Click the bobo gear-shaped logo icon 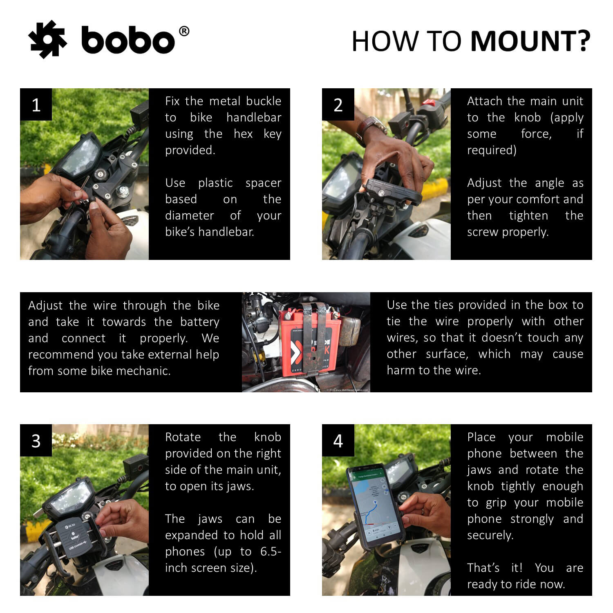click(x=47, y=40)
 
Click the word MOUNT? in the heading click(x=530, y=41)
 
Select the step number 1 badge click(x=36, y=105)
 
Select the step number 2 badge click(x=338, y=105)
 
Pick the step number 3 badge click(x=36, y=441)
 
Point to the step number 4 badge click(x=338, y=441)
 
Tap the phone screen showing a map click(x=370, y=503)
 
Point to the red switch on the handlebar click(x=428, y=102)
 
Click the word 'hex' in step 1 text click(x=243, y=134)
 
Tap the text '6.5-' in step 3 click(x=270, y=551)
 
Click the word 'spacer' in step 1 click(x=263, y=183)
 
